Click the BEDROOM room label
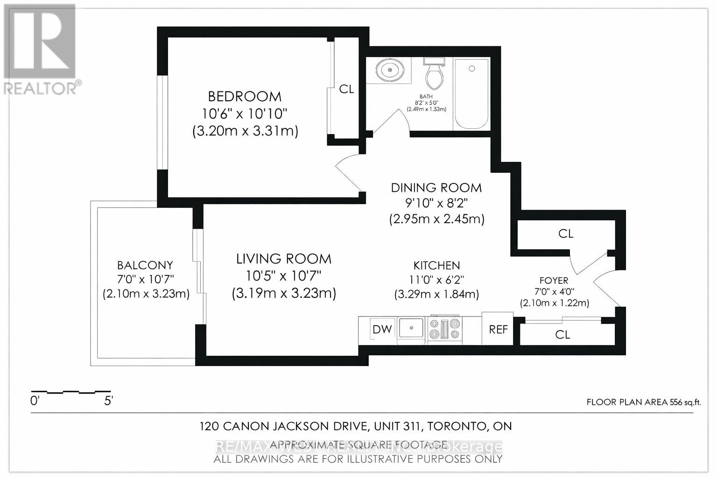tap(245, 96)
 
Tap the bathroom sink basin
tap(388, 70)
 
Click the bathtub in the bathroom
tap(471, 93)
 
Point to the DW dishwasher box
tap(382, 329)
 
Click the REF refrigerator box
tap(498, 329)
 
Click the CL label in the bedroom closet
tap(346, 89)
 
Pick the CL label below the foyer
tap(562, 335)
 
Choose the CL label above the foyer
tap(565, 233)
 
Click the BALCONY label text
tap(145, 265)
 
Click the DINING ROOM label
tap(436, 188)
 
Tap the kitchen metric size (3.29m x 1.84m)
tap(437, 294)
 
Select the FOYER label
tap(554, 281)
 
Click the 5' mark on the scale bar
tap(109, 401)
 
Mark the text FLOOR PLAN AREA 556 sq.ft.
tap(643, 402)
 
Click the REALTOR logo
tap(40, 49)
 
